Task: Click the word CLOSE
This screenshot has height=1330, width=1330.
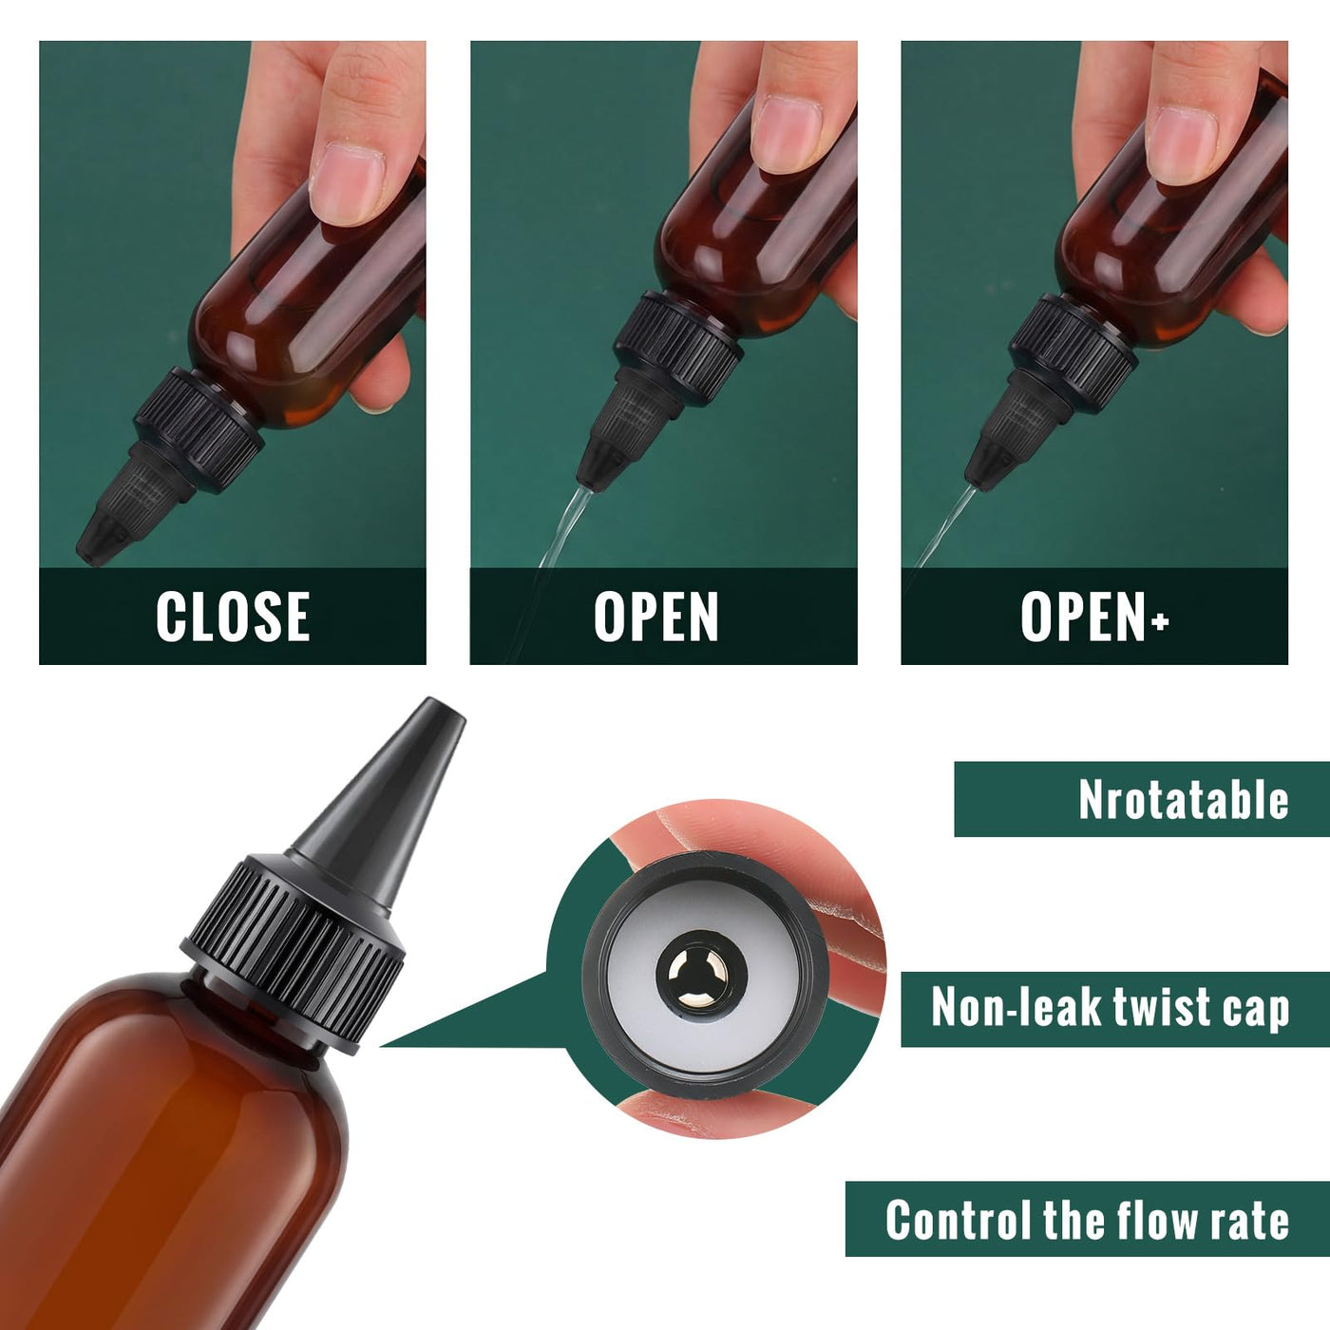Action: [233, 617]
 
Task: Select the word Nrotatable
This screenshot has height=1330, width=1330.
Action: [1184, 800]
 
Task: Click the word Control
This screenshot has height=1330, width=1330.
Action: [960, 1220]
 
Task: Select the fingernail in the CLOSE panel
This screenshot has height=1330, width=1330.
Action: [347, 183]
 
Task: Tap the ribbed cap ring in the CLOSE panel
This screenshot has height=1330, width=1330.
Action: [199, 430]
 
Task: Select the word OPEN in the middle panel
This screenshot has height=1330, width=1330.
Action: [655, 617]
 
